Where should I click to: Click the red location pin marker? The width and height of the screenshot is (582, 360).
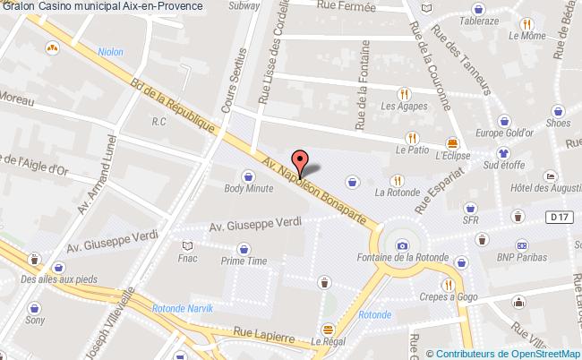(x=302, y=161)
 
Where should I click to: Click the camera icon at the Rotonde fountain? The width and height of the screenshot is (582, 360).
(x=402, y=245)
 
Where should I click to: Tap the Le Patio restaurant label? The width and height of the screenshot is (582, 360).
(x=411, y=151)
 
